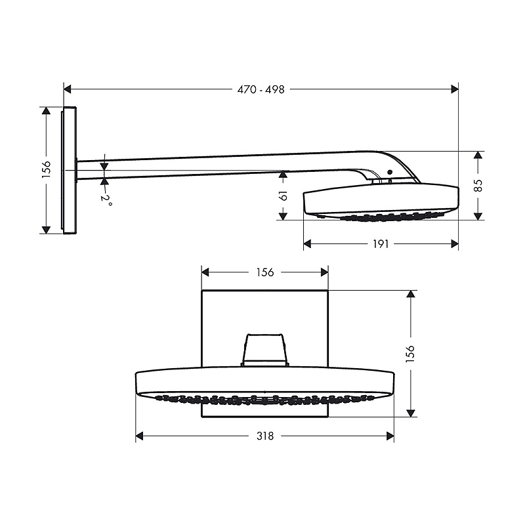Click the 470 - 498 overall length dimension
261,90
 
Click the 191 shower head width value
381,244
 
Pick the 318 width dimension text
264,436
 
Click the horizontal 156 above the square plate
264,272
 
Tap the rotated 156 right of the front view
411,353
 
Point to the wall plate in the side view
71,169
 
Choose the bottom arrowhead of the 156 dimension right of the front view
411,412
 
